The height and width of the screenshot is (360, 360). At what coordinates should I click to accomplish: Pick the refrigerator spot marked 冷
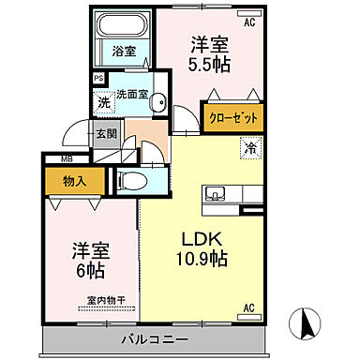[x=250, y=145]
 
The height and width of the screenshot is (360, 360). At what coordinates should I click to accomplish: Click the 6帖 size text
[x=91, y=271]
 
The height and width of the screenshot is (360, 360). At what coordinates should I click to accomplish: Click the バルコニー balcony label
[x=155, y=338]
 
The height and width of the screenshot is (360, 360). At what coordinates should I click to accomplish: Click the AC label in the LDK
[x=249, y=307]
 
